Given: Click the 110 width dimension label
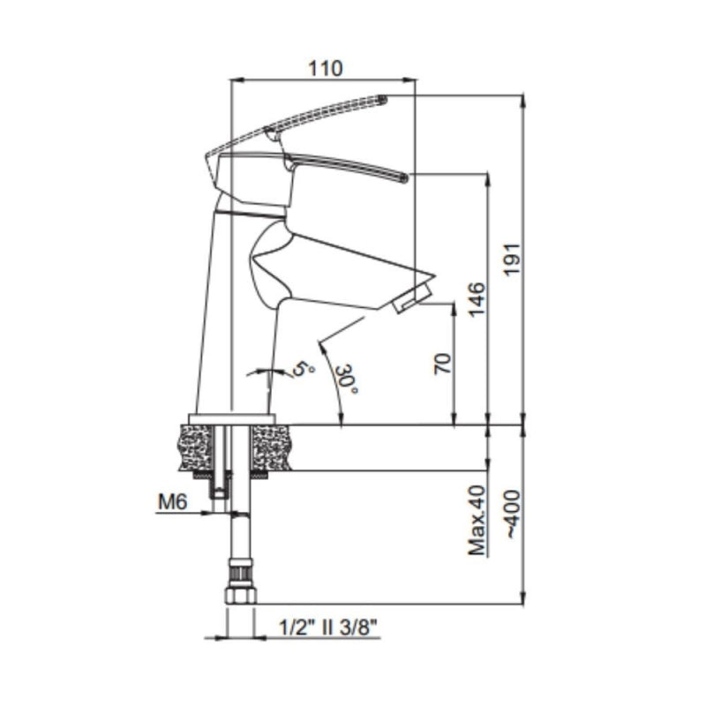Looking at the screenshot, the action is click(x=325, y=69).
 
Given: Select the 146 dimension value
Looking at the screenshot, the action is click(x=477, y=299).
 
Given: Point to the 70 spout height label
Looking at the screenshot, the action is click(x=442, y=364).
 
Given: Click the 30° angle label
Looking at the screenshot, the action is click(x=347, y=379).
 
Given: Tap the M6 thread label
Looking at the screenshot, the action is click(x=172, y=501).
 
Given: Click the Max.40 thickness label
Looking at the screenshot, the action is click(x=477, y=520).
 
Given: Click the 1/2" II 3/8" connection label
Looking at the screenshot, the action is click(x=327, y=627).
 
